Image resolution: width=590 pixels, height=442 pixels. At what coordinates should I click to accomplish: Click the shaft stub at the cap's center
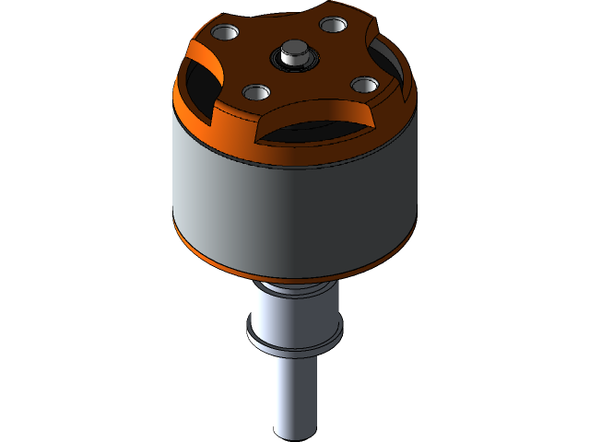[x=295, y=51]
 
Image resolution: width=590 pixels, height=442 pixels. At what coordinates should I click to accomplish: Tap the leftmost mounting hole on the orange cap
[x=225, y=33]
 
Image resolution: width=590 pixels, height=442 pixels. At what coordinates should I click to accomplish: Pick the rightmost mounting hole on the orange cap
[x=365, y=85]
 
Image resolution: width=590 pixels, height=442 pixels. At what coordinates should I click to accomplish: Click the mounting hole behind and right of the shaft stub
[x=333, y=25]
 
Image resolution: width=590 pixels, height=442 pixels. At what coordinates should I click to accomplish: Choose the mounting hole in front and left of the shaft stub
[x=256, y=91]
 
